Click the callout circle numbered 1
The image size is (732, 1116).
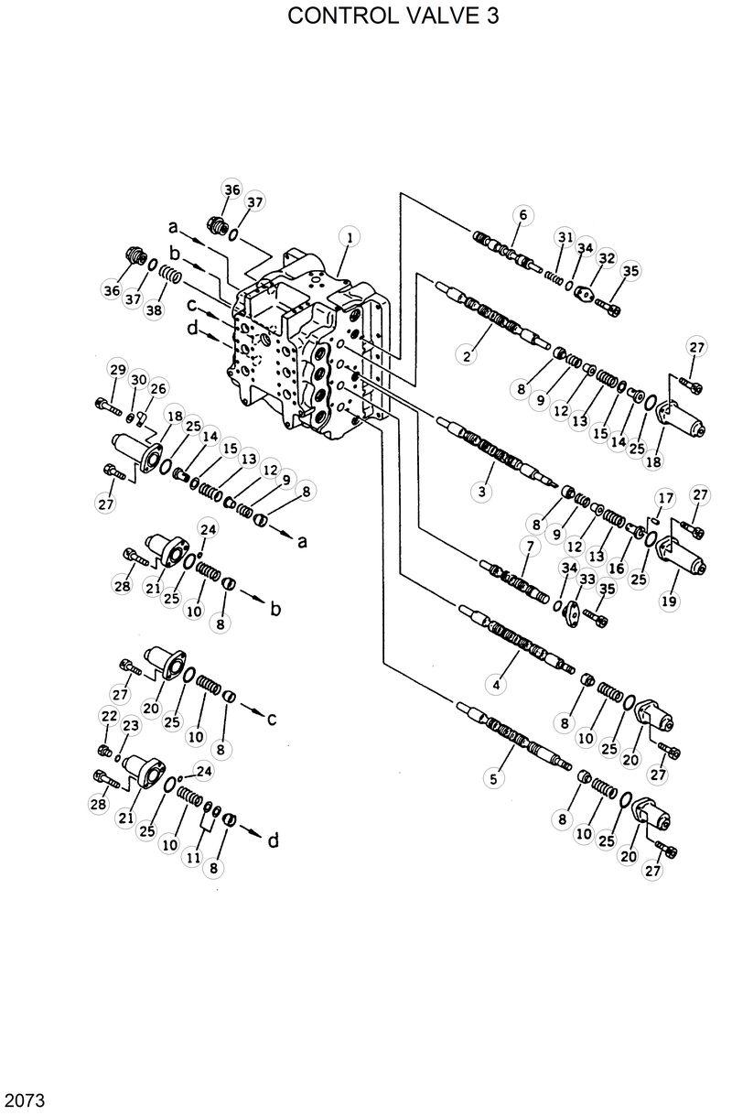point(347,236)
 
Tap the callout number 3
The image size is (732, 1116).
point(481,492)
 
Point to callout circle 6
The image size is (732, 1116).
point(522,215)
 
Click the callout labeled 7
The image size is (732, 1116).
point(528,547)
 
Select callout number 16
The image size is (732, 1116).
point(616,569)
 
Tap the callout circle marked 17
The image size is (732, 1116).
point(665,497)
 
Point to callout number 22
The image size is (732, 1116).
point(109,716)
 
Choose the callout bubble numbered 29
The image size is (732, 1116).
point(117,369)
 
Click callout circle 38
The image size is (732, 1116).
point(154,310)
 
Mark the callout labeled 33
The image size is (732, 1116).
point(587,579)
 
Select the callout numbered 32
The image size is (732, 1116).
point(606,259)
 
